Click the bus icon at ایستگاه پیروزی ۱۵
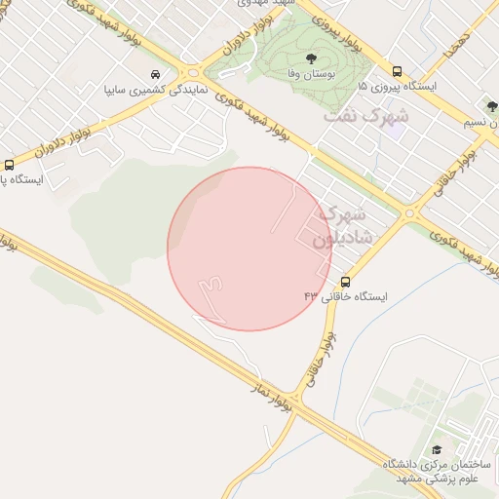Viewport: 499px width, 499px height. (x=397, y=71)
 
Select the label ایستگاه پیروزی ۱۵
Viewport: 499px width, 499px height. (x=401, y=87)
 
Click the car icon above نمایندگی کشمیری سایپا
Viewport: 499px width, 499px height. (x=156, y=74)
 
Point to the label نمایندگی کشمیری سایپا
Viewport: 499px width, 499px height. (x=155, y=90)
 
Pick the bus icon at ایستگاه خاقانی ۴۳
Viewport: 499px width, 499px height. (x=346, y=283)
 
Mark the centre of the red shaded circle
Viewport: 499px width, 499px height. (x=249, y=249)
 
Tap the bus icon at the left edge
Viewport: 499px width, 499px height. (x=9, y=166)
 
